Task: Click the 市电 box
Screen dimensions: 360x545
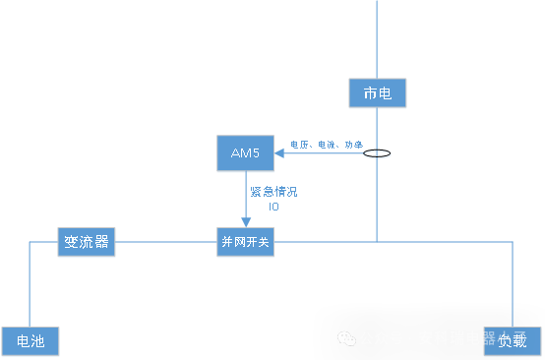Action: point(378,93)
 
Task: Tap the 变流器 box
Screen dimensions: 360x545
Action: point(87,242)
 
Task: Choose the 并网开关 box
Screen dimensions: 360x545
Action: point(245,242)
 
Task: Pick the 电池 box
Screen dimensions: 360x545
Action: point(30,341)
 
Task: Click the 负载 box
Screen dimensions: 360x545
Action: point(512,341)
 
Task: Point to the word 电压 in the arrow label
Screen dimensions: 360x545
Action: point(298,145)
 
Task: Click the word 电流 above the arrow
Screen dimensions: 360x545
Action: point(326,145)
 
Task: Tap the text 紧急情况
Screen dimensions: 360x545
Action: point(272,192)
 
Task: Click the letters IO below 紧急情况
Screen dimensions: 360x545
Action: point(273,207)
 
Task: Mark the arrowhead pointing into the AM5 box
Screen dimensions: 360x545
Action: point(280,152)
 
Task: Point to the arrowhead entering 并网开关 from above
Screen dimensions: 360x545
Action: point(246,222)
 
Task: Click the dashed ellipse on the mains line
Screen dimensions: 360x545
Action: point(377,153)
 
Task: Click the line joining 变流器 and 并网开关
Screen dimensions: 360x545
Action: point(166,242)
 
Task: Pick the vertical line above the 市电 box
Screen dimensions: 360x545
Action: point(377,39)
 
